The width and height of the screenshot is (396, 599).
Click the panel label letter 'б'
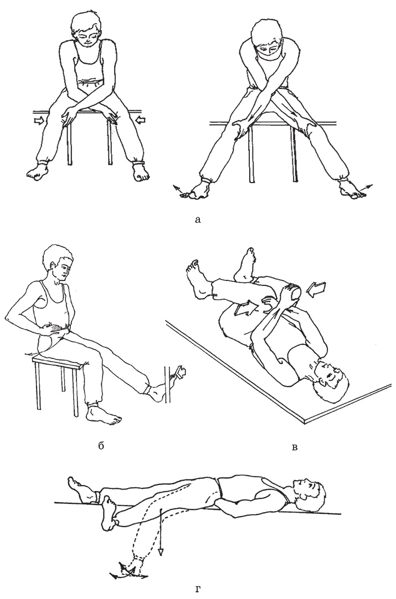(101, 445)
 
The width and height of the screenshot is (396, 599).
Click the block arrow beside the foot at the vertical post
(179, 371)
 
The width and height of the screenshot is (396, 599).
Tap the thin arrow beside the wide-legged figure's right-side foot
(366, 187)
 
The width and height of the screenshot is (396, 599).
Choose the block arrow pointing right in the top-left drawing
(39, 121)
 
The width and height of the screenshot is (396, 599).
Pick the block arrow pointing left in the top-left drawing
(141, 121)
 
